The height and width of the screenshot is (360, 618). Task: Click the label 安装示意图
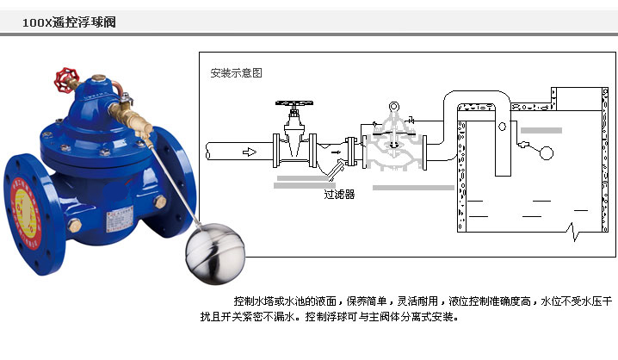(235, 73)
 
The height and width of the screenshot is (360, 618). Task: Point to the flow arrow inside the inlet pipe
(250, 152)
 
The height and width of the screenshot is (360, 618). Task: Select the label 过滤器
(339, 195)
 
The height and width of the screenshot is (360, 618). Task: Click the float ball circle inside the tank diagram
(544, 153)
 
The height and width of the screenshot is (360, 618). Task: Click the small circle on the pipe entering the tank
(502, 126)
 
